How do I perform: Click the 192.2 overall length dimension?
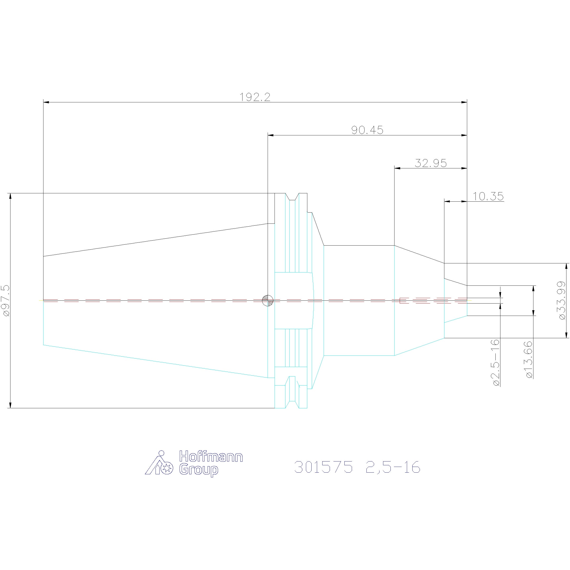click(255, 97)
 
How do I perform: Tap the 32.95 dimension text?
click(431, 163)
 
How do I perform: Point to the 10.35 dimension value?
click(488, 196)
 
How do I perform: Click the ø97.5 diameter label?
click(6, 301)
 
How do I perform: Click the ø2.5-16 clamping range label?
click(496, 363)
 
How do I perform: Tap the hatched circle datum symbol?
click(268, 301)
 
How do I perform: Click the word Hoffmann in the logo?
click(211, 457)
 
